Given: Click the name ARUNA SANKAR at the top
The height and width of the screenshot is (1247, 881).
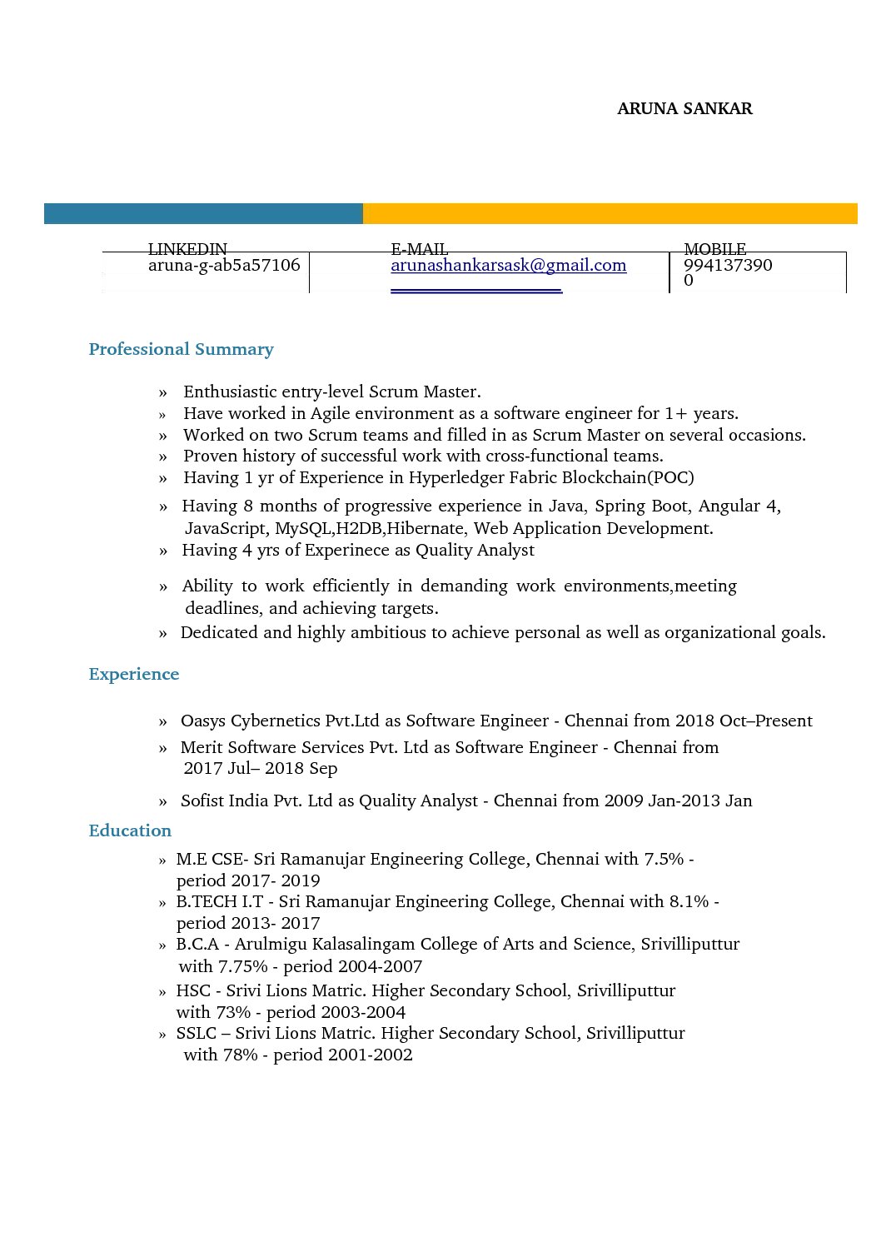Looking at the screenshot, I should [684, 109].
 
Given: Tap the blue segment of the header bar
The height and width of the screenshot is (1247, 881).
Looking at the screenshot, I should [202, 213].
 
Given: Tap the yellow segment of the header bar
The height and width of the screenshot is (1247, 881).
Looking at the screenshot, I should [610, 213].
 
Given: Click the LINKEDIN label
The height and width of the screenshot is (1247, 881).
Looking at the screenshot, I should [187, 249].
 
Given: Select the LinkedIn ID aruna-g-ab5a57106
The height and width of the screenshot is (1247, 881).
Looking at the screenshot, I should [224, 266].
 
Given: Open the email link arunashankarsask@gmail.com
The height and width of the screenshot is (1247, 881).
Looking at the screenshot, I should [508, 266].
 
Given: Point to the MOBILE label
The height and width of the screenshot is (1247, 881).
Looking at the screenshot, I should [714, 249].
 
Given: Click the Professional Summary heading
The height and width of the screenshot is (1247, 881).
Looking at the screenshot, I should [181, 349].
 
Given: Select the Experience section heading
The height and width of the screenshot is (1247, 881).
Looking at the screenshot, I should [133, 674].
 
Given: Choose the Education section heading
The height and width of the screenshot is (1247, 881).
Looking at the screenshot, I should [130, 831].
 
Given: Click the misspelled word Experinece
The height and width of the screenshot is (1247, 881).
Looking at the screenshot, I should [346, 550].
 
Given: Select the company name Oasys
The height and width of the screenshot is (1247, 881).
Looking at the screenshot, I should [202, 721].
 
